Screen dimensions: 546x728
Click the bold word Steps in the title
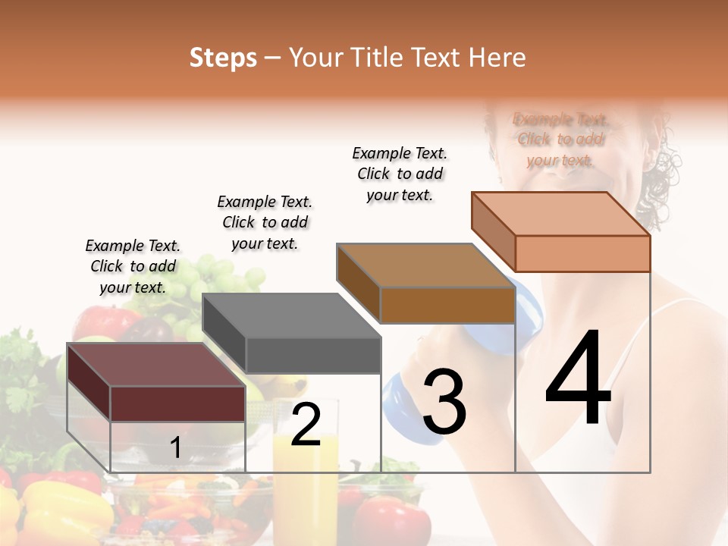[223, 58]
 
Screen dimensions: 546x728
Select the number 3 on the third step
[444, 403]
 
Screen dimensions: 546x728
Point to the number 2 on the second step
[306, 425]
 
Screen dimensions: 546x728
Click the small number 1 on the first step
[175, 448]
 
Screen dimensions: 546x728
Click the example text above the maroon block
[133, 266]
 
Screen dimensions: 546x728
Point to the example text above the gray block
[265, 222]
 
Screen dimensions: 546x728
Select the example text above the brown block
[400, 174]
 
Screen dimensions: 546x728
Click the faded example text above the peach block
[560, 140]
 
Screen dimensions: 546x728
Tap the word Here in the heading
[497, 58]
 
